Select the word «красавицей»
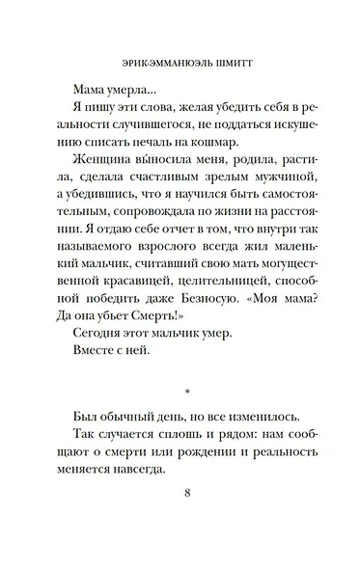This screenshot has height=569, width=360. coord(131,319)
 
